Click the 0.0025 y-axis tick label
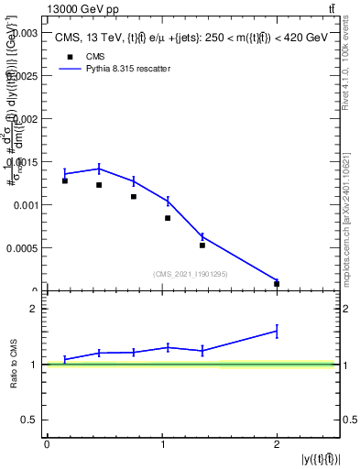[21, 75]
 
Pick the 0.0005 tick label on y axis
[21, 248]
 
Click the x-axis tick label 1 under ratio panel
[162, 444]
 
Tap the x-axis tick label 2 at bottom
[277, 444]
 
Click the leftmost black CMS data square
[65, 180]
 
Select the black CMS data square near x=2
[277, 284]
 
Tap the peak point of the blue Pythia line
[99, 169]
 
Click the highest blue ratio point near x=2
[277, 332]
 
